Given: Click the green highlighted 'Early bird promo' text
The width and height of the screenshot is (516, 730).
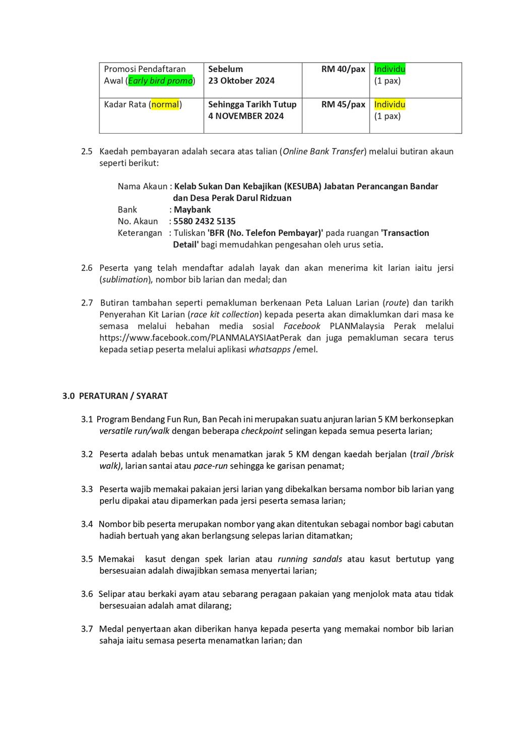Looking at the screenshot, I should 160,81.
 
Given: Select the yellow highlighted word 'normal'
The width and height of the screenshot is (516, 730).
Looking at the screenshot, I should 165,104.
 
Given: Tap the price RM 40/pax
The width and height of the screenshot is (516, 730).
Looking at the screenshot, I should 343,69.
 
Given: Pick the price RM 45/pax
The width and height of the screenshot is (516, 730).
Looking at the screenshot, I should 343,104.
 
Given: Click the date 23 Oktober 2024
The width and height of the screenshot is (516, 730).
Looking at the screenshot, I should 241,81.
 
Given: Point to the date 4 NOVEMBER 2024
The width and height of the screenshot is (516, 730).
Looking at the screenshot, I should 246,116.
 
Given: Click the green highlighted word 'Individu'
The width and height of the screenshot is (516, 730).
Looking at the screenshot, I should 390,69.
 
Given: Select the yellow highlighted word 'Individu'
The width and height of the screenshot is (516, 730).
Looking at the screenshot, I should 390,104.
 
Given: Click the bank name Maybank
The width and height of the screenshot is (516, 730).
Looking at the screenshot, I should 192,210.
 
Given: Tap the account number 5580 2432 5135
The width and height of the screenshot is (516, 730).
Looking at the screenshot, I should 205,221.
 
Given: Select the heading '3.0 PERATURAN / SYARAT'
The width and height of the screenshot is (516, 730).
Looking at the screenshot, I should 115,396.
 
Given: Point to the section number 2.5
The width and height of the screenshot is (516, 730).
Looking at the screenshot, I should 87,151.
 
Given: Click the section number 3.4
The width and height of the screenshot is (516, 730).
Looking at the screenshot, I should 87,524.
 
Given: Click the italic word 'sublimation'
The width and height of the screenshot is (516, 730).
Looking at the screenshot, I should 125,279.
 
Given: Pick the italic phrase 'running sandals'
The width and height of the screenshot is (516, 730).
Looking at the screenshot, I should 310,559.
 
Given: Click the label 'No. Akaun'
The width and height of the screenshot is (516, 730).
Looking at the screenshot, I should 138,221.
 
